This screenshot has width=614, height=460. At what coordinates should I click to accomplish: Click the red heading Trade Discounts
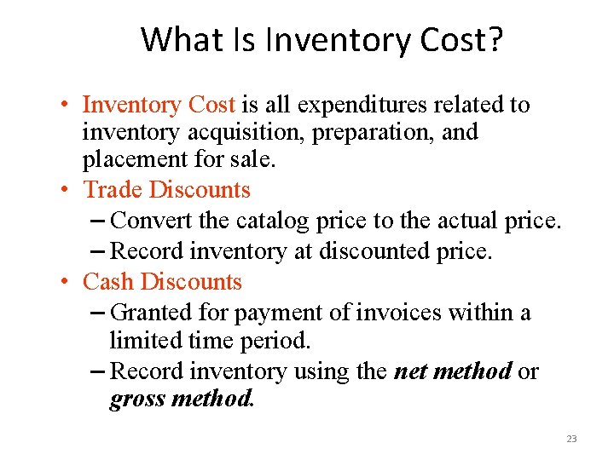[x=166, y=189]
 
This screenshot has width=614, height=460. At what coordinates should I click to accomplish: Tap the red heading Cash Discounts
[x=162, y=281]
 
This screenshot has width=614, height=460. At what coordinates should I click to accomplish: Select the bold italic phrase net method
[x=453, y=371]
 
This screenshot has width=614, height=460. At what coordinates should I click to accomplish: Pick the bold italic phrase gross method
[x=181, y=399]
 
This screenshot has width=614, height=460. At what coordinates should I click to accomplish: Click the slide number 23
[x=571, y=439]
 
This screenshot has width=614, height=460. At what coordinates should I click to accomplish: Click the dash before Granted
[x=98, y=313]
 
